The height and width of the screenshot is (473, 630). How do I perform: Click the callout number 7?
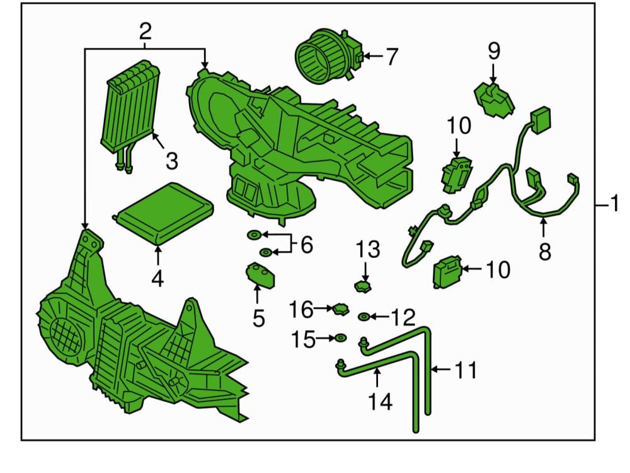tap(392, 57)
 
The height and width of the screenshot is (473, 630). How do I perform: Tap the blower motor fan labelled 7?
tap(329, 55)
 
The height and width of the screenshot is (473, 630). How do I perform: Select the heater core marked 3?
tap(129, 115)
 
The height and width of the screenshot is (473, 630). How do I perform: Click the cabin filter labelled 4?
tap(163, 213)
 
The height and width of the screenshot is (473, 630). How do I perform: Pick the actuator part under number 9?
tap(494, 100)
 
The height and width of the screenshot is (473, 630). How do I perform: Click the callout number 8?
tap(544, 252)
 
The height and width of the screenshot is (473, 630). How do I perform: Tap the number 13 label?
tap(368, 249)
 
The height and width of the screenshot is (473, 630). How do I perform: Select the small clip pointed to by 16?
tap(340, 310)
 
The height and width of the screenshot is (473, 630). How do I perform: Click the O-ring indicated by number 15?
tap(341, 338)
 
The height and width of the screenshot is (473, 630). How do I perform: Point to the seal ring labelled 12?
tap(364, 317)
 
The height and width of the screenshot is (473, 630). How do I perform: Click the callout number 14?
tap(380, 401)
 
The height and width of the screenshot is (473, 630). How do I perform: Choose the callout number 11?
tap(466, 370)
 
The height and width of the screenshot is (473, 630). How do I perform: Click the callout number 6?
tap(307, 245)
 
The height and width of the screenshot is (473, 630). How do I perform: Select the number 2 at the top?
tap(146, 32)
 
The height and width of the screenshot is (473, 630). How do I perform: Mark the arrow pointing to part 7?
tap(374, 56)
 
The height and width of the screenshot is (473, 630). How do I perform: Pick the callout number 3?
tap(171, 161)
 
